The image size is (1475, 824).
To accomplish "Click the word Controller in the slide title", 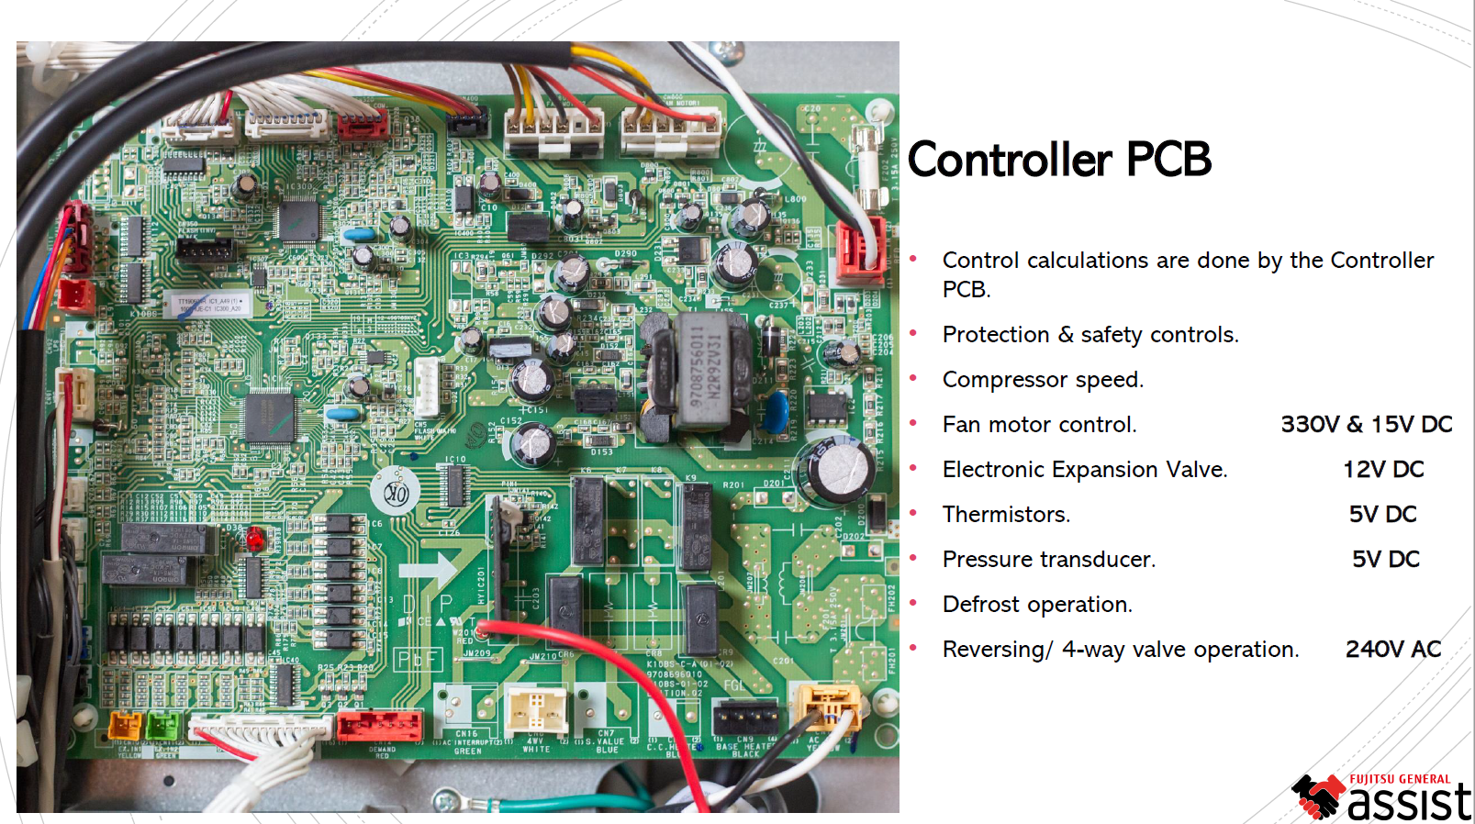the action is coord(1010,160).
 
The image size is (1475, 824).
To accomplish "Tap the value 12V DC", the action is coord(1383,470).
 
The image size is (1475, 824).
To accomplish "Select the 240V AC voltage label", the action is coord(1392,650).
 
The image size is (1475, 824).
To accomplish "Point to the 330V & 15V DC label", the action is coord(1366,425).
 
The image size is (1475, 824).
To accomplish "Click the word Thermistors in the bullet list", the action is coord(1005,515).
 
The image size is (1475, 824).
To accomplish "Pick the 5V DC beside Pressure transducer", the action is coord(1385,560).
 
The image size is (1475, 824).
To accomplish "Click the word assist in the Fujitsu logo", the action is coord(1409,802).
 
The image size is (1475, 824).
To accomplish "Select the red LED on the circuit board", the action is coord(254,540).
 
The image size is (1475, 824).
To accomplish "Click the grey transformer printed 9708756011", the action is coord(702,376).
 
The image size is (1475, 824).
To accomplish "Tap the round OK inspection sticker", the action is coord(396,495).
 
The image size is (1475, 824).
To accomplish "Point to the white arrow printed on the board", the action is coord(430,570).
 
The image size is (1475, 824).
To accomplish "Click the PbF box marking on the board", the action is coord(419,659).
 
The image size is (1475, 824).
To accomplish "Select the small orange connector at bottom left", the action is coord(126,725).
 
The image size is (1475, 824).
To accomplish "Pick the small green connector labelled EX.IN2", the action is coord(163,725).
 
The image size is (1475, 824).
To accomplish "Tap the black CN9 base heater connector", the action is coord(744,717).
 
